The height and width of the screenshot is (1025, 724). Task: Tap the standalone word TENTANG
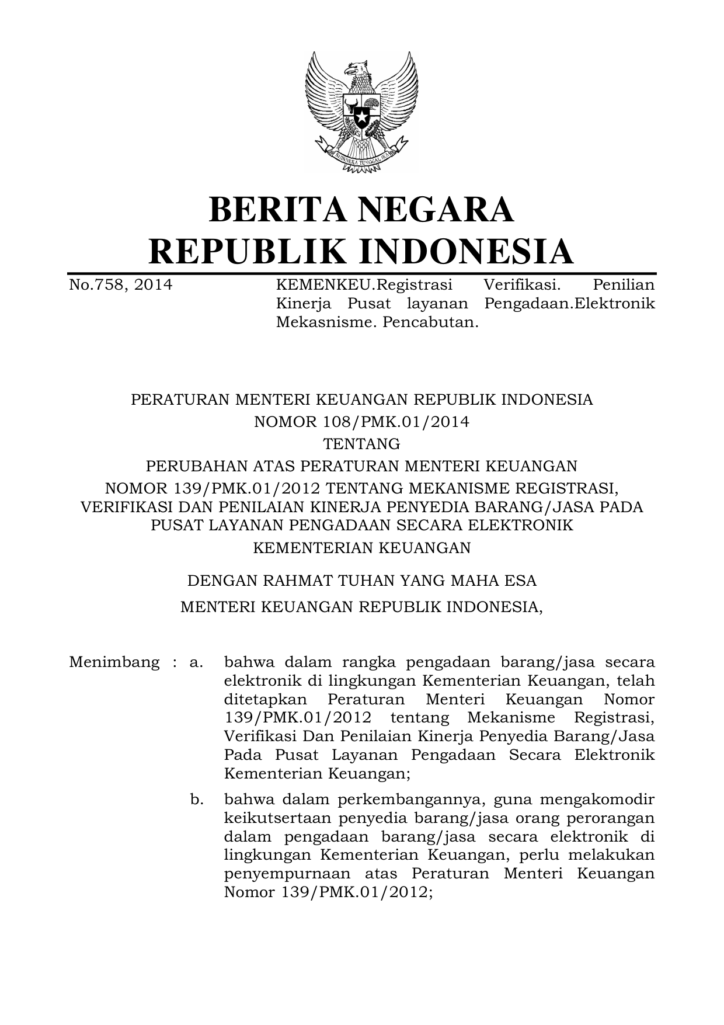click(x=362, y=444)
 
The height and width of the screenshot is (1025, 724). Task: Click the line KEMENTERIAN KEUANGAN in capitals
click(x=362, y=548)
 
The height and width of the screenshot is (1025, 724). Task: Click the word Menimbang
click(x=114, y=662)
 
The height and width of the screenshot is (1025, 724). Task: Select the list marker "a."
click(x=196, y=662)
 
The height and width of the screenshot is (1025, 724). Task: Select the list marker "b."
click(x=197, y=799)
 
